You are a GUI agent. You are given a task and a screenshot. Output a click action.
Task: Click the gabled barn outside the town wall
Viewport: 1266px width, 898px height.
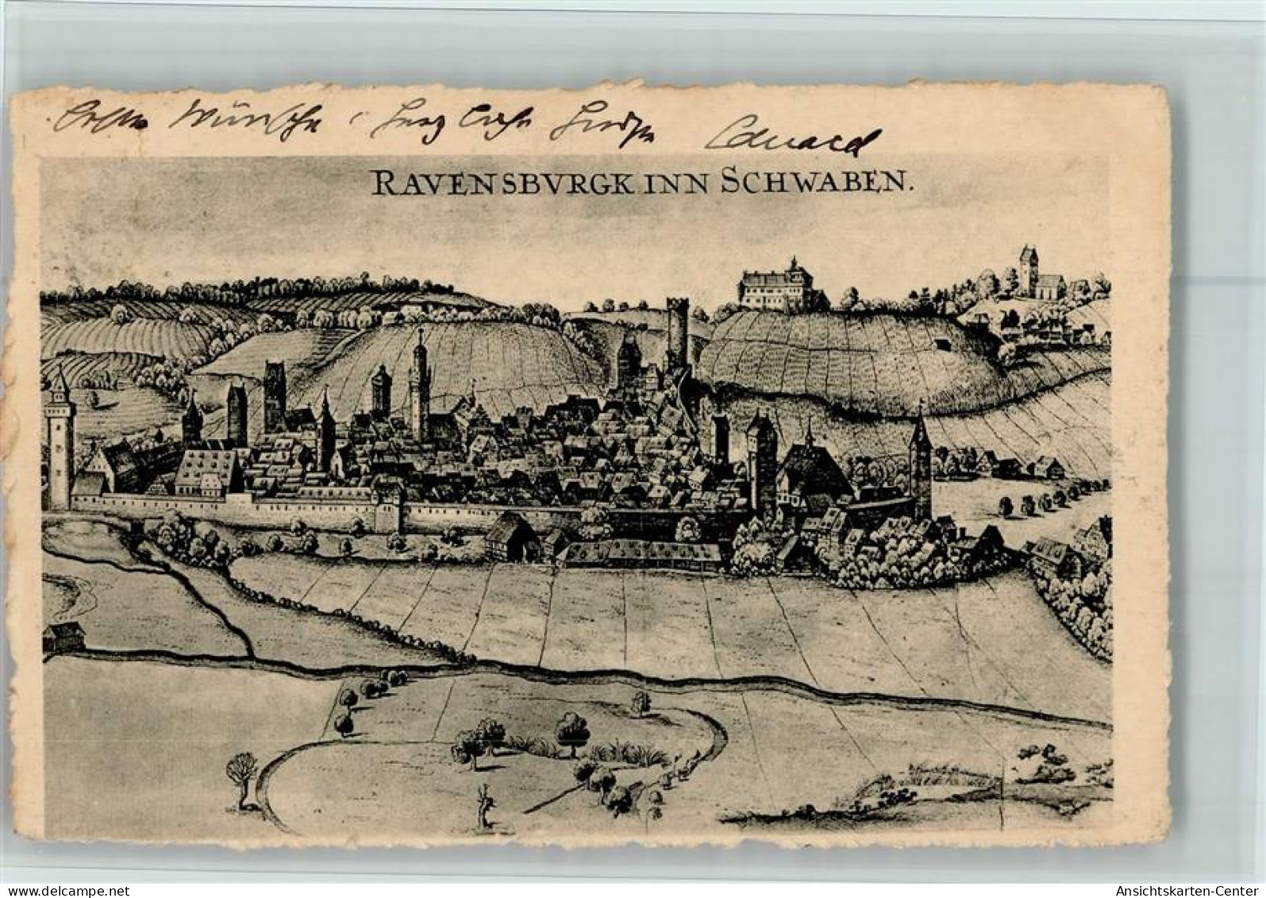click(x=510, y=536)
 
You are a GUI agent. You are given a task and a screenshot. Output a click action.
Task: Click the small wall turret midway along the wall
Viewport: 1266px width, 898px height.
click(x=388, y=509)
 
